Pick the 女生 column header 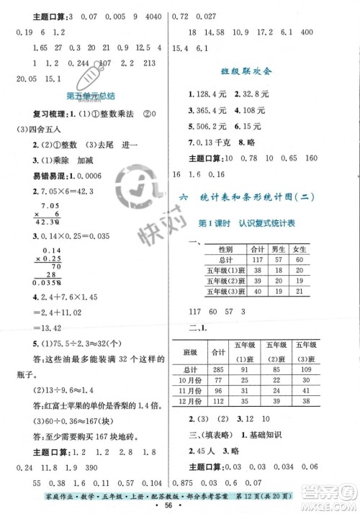(x=301, y=249)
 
